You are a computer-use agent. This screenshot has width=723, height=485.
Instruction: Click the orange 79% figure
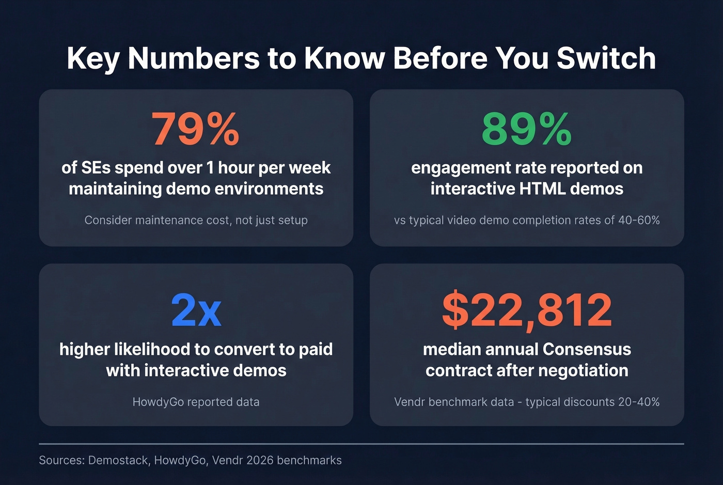(195, 129)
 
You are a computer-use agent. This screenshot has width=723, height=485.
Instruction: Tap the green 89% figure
(526, 129)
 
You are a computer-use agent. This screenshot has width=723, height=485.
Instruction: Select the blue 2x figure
(196, 310)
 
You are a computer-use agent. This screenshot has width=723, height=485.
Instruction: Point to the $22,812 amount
(527, 310)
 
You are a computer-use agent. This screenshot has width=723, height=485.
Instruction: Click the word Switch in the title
(606, 58)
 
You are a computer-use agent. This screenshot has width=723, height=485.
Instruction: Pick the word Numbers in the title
(194, 58)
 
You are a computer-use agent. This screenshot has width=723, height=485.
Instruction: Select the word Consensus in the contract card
(587, 350)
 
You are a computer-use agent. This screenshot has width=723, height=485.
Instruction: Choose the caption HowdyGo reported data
(196, 402)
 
